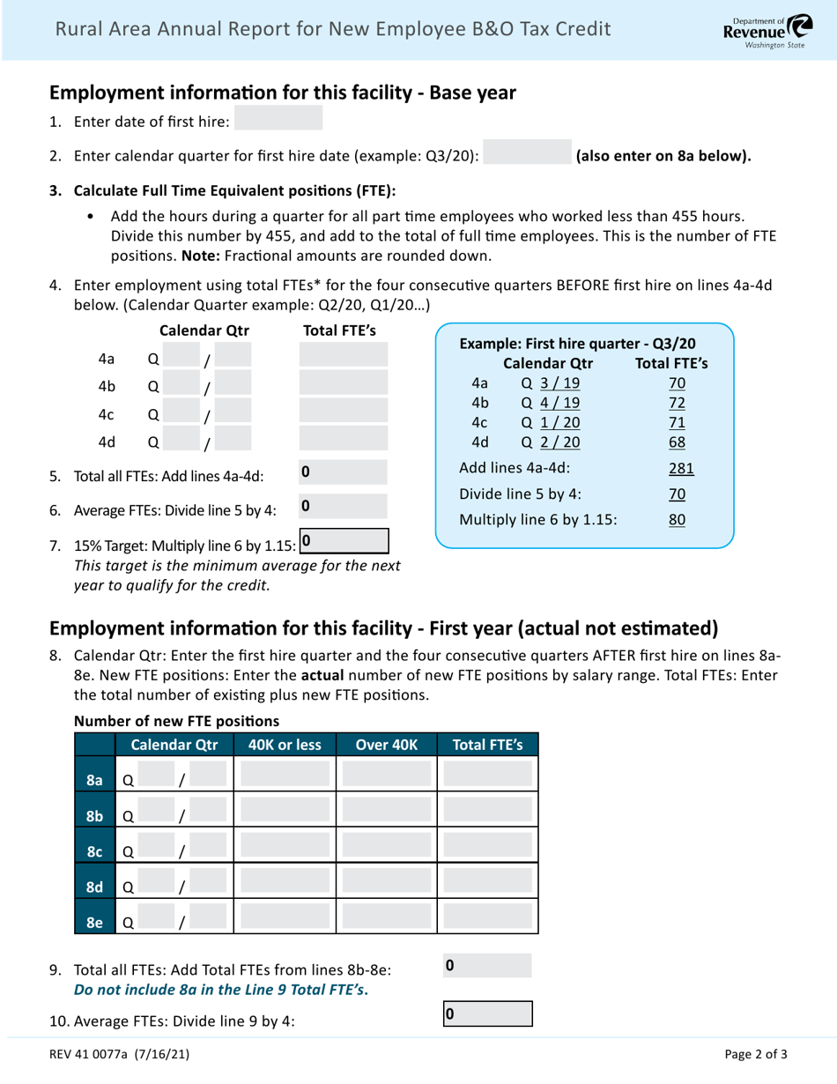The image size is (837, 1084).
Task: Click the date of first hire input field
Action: (x=278, y=119)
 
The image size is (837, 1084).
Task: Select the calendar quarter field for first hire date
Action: (x=528, y=156)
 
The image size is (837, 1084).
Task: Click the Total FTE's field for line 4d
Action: (x=344, y=440)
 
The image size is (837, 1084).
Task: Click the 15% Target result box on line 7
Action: (x=344, y=539)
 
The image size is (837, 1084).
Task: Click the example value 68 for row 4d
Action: (x=676, y=440)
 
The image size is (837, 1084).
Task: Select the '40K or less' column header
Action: (x=285, y=744)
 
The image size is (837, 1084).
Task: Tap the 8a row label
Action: (x=95, y=780)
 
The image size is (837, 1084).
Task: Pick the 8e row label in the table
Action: (x=95, y=923)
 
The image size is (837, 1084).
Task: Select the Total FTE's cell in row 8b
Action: (x=487, y=814)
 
